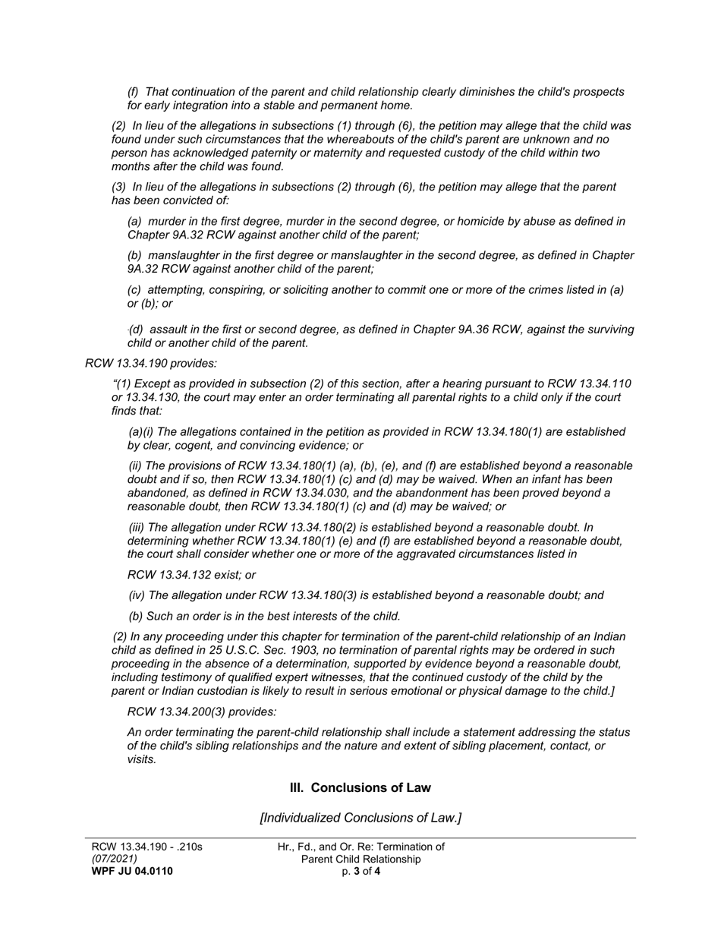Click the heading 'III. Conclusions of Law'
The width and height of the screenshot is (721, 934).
pos(360,787)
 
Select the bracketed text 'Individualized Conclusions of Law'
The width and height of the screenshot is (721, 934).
pos(360,818)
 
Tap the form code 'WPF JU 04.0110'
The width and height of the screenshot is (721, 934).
pos(132,871)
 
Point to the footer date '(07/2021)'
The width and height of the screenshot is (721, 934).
pos(115,859)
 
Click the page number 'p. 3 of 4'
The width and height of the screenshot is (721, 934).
pos(360,871)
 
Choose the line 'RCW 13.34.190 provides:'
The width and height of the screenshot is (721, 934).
pos(151,363)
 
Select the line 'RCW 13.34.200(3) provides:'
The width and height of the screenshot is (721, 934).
pos(202,712)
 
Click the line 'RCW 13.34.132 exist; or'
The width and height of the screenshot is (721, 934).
pos(191,575)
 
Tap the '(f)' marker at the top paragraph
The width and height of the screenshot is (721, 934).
pos(134,92)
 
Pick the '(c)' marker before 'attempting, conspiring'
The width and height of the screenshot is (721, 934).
pos(134,289)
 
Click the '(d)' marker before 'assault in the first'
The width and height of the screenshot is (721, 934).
pos(136,330)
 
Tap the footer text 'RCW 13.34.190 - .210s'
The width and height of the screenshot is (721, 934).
pos(146,847)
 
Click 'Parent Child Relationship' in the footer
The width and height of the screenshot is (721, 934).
pos(360,859)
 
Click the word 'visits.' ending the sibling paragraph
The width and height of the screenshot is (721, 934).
pos(142,759)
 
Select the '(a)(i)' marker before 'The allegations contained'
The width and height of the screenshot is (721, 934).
pos(141,431)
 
